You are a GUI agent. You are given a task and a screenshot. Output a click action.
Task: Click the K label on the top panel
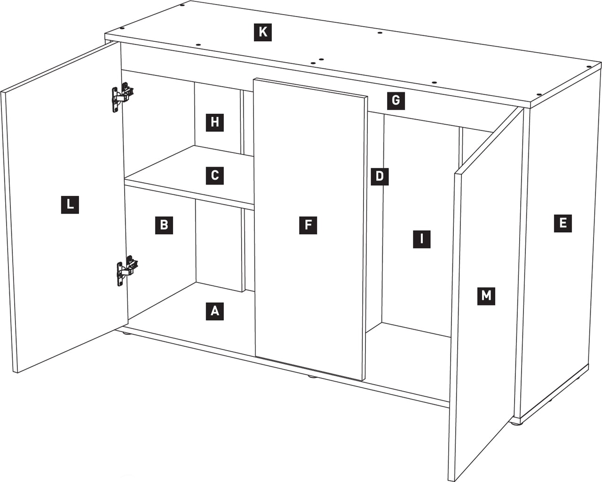263,32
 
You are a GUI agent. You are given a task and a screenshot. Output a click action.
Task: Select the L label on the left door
70,205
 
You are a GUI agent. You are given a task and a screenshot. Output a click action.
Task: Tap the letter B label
164,225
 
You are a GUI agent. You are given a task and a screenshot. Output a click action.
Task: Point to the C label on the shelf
214,176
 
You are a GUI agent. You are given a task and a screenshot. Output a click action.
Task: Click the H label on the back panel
214,122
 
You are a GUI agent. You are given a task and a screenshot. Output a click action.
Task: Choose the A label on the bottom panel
214,311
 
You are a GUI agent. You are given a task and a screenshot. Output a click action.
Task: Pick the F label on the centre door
308,225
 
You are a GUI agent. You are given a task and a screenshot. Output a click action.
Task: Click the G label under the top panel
396,101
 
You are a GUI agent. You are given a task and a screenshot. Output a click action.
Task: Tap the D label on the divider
380,177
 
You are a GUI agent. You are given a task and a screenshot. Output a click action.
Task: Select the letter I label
421,239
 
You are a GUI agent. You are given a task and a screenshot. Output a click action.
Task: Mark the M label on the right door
486,296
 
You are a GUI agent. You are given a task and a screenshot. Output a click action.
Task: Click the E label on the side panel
563,223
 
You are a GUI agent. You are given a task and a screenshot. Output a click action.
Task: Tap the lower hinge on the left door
127,271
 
